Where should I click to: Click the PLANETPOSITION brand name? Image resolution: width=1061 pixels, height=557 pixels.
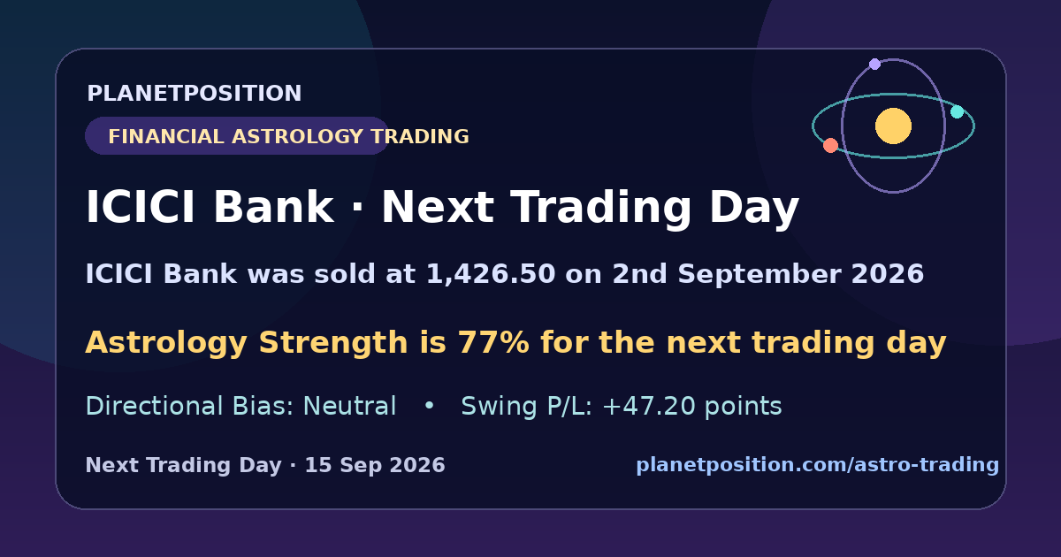pyautogui.click(x=195, y=94)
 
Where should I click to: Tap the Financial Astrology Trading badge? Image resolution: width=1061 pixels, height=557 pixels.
pyautogui.click(x=237, y=136)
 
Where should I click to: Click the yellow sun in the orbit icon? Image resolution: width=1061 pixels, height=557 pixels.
pyautogui.click(x=893, y=126)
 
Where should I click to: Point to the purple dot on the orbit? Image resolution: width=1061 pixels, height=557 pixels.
pyautogui.click(x=874, y=64)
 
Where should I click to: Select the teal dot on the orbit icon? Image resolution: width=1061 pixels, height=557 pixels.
pyautogui.click(x=958, y=111)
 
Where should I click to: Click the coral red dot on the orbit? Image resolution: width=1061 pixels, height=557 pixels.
pyautogui.click(x=830, y=145)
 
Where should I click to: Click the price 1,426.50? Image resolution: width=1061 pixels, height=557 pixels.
pyautogui.click(x=491, y=274)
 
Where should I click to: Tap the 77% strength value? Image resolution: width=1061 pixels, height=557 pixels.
pyautogui.click(x=493, y=342)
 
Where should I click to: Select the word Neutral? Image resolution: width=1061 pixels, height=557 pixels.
pyautogui.click(x=349, y=407)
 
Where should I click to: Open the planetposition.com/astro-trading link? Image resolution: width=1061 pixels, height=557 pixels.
pyautogui.click(x=818, y=465)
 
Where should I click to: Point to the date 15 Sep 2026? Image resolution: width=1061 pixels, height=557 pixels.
pyautogui.click(x=375, y=465)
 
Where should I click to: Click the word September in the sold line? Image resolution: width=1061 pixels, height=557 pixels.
pyautogui.click(x=759, y=275)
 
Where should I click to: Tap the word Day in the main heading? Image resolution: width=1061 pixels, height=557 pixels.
pyautogui.click(x=754, y=208)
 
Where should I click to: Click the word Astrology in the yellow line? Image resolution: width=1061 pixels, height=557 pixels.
pyautogui.click(x=166, y=343)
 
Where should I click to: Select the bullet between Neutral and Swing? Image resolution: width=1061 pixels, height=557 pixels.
pyautogui.click(x=429, y=406)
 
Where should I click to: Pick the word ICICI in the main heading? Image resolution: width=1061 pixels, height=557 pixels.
pyautogui.click(x=141, y=207)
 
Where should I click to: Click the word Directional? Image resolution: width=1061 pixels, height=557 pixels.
pyautogui.click(x=154, y=407)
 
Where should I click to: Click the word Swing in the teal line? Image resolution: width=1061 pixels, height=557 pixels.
pyautogui.click(x=499, y=407)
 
